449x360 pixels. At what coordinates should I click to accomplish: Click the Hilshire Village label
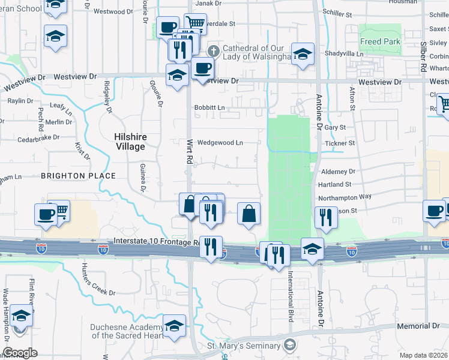(x=130, y=142)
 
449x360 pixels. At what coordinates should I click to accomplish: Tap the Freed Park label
(x=379, y=41)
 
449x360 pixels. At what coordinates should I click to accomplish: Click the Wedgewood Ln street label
(x=220, y=143)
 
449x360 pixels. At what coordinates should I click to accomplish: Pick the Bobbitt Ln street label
(x=209, y=108)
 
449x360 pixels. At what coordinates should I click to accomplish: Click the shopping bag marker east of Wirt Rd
(x=249, y=214)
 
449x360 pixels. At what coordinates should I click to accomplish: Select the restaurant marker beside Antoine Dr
(x=325, y=217)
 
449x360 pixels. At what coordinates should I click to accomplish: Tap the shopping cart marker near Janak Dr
(x=195, y=23)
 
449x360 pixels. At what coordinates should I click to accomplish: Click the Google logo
(x=20, y=353)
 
